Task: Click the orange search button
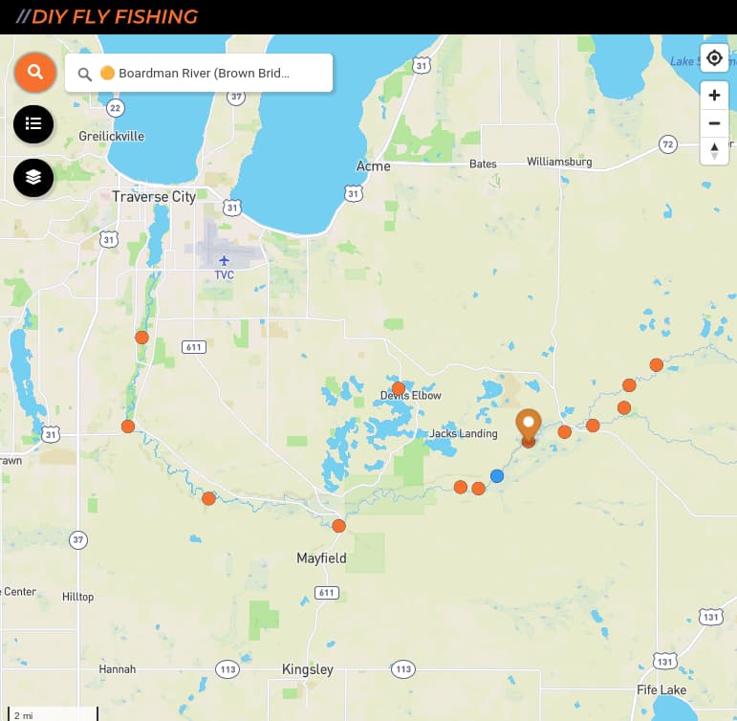[x=35, y=72]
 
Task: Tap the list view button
[x=33, y=123]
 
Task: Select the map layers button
[x=33, y=177]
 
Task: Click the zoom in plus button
[x=714, y=96]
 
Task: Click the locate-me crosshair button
[x=714, y=58]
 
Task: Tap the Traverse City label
[x=154, y=197]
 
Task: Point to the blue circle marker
[x=497, y=476]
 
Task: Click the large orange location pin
[x=528, y=426]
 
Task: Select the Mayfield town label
[x=321, y=558]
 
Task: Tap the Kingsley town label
[x=308, y=669]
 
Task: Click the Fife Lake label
[x=661, y=689]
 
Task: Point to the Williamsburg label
[x=559, y=163]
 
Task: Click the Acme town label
[x=373, y=165]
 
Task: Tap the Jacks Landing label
[x=464, y=433]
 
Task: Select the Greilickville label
[x=112, y=136]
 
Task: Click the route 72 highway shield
[x=668, y=144]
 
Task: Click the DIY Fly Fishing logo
[x=114, y=17]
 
